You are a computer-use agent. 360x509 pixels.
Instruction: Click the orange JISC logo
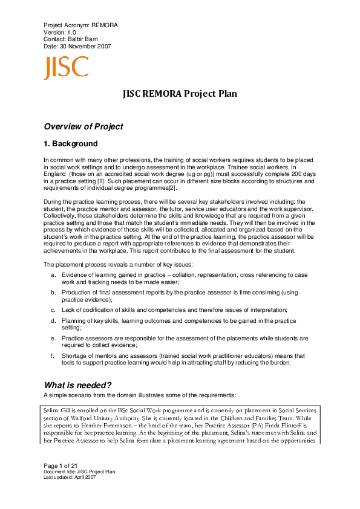tap(66, 68)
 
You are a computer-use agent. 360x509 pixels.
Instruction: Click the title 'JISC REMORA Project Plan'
tap(180, 94)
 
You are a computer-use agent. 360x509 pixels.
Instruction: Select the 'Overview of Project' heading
tap(83, 127)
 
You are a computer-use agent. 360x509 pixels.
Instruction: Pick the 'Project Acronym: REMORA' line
tap(80, 24)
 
